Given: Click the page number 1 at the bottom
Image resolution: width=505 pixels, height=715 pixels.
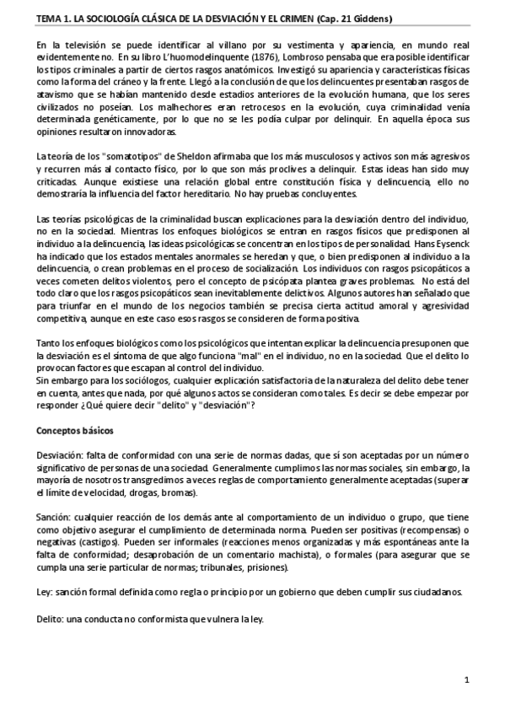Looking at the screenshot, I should coord(467,680).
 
